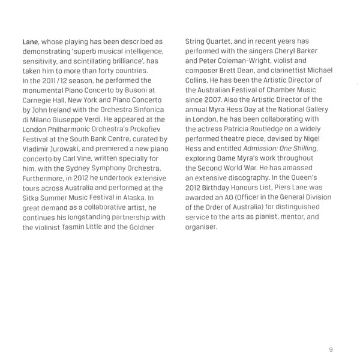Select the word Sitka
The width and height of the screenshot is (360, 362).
point(31,194)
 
